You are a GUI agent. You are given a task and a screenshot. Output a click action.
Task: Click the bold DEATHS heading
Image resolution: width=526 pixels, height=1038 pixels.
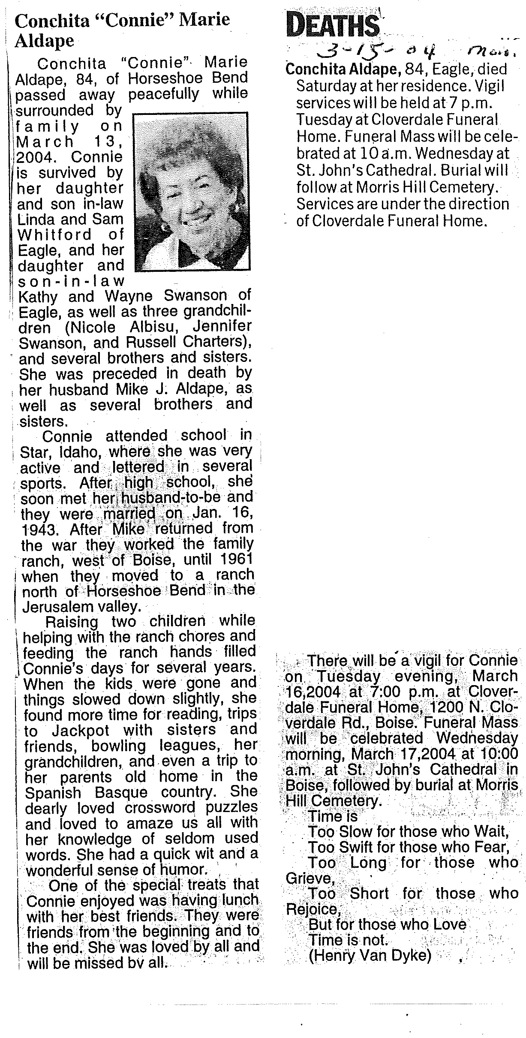tap(333, 25)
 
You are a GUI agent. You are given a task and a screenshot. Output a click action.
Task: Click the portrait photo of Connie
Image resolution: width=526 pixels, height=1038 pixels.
tap(191, 191)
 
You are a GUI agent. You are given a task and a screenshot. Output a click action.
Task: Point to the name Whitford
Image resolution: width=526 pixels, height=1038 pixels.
tap(54, 235)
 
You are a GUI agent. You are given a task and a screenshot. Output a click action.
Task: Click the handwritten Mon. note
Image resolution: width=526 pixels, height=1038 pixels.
tap(486, 52)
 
